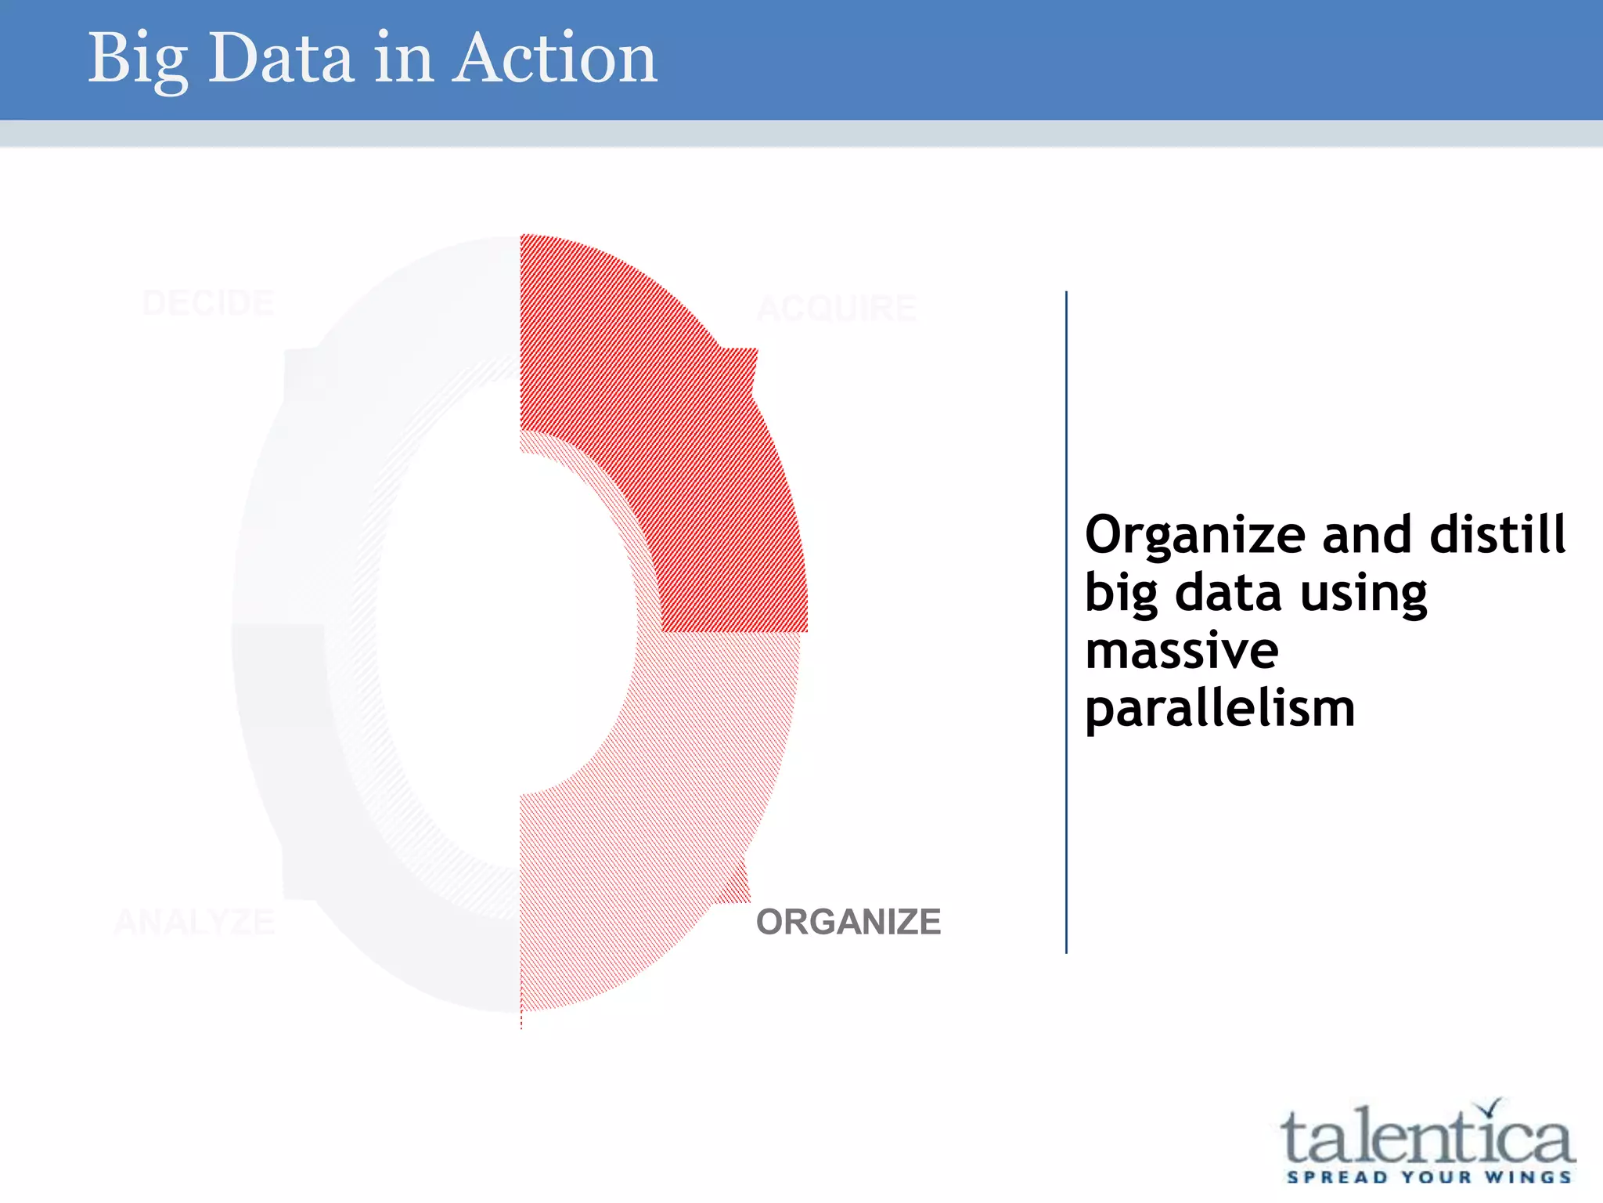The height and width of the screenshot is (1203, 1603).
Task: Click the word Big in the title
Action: coord(138,60)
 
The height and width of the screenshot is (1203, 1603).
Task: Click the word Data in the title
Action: coord(281,60)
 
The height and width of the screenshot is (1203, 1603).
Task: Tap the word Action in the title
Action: coord(555,60)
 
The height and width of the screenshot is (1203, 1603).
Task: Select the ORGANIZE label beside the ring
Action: coord(848,922)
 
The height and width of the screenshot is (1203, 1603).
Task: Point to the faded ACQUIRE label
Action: coord(836,309)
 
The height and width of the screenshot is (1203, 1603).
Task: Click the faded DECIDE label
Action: coord(208,303)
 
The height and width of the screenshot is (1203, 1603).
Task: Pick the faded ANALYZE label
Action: coord(195,923)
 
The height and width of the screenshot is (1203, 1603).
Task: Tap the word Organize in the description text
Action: coord(1194,536)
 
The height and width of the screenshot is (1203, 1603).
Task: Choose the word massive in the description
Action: coord(1181,652)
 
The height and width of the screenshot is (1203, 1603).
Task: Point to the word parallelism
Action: coord(1219,710)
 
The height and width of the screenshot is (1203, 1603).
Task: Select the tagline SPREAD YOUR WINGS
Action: coord(1428,1177)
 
